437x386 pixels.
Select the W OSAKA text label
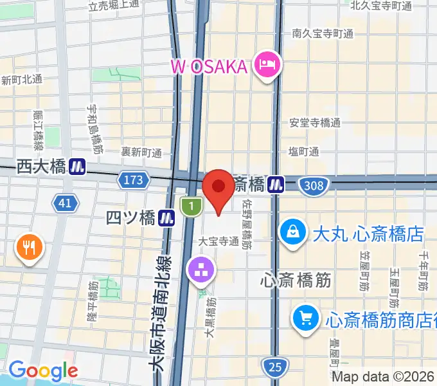click(209, 65)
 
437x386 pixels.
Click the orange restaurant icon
click(30, 246)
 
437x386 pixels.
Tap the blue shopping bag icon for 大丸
click(293, 232)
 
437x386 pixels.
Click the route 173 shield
click(133, 179)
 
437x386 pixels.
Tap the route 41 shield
click(64, 204)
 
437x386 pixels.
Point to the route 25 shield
click(275, 367)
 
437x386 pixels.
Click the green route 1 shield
click(190, 207)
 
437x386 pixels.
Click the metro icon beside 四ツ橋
click(168, 218)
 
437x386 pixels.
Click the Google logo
click(43, 370)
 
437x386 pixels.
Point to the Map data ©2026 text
click(383, 376)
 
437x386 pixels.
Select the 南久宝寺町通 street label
click(322, 33)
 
